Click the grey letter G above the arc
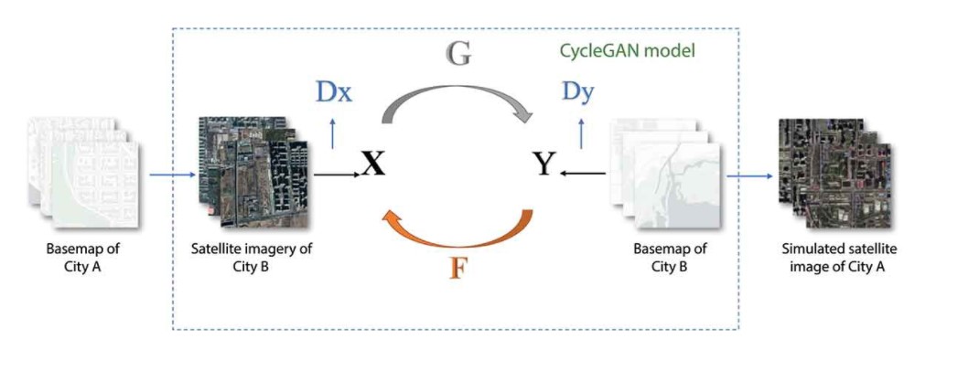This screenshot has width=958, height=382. tap(458, 54)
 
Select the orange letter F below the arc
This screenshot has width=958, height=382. tap(458, 268)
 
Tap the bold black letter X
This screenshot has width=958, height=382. tap(373, 164)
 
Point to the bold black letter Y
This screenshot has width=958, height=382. tap(544, 164)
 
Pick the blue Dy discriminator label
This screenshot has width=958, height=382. tap(578, 91)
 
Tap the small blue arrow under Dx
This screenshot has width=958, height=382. tap(332, 134)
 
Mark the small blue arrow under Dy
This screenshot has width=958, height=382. tap(580, 134)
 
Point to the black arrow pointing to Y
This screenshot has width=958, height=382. tap(582, 174)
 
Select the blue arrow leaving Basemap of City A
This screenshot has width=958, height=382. tap(172, 175)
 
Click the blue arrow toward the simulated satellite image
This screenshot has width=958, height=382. tap(749, 175)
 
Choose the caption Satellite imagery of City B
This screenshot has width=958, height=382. tap(252, 258)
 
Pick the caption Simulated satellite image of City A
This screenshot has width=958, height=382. tap(833, 258)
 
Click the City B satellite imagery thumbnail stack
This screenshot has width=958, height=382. tap(253, 172)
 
